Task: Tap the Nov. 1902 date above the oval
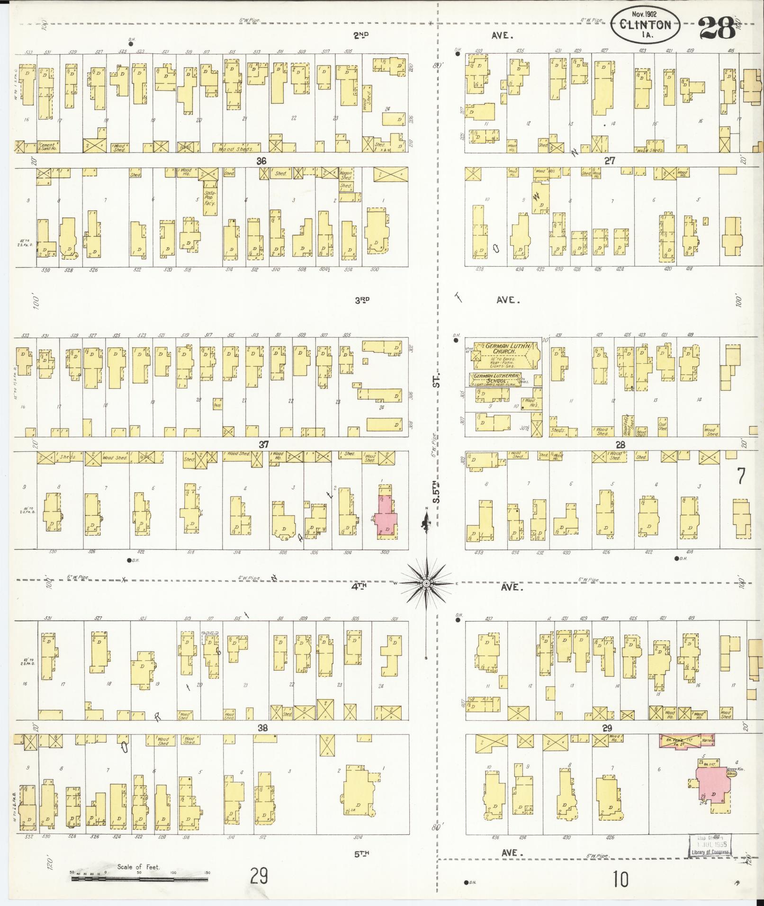pyautogui.click(x=645, y=14)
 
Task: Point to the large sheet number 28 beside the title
pyautogui.click(x=717, y=27)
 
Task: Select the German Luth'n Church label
pyautogui.click(x=503, y=349)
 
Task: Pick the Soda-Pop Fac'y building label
pyautogui.click(x=209, y=198)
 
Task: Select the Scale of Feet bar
pyautogui.click(x=139, y=879)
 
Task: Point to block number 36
pyautogui.click(x=261, y=161)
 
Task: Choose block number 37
pyautogui.click(x=263, y=444)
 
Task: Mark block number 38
pyautogui.click(x=262, y=728)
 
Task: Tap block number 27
pyautogui.click(x=609, y=161)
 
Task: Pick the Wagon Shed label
pyautogui.click(x=346, y=175)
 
